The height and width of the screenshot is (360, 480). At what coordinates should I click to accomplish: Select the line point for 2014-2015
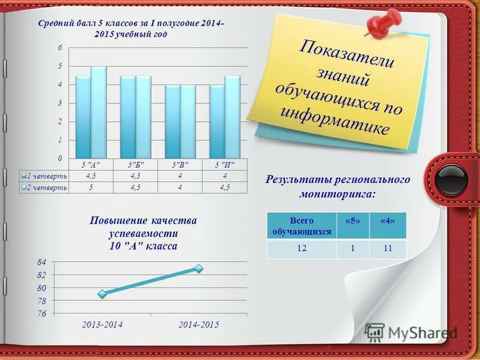[199, 268]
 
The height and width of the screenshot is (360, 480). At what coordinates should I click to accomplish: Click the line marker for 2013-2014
[103, 293]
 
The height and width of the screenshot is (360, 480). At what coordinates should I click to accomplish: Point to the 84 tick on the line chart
[41, 262]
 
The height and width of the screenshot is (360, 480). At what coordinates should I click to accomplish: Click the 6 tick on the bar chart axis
[60, 47]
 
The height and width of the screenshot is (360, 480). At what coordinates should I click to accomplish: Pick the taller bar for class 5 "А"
[98, 112]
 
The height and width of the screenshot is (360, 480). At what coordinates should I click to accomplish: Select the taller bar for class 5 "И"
[232, 116]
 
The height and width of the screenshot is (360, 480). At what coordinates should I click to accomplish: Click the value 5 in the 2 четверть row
[91, 188]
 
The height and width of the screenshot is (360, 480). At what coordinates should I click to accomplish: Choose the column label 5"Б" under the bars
[136, 164]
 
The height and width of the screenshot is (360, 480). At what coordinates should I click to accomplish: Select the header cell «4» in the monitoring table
[388, 221]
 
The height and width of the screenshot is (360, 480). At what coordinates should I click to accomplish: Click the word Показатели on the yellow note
[346, 53]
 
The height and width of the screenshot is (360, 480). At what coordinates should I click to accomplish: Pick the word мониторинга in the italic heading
[338, 194]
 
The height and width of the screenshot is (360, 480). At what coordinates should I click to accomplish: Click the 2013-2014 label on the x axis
[103, 325]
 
